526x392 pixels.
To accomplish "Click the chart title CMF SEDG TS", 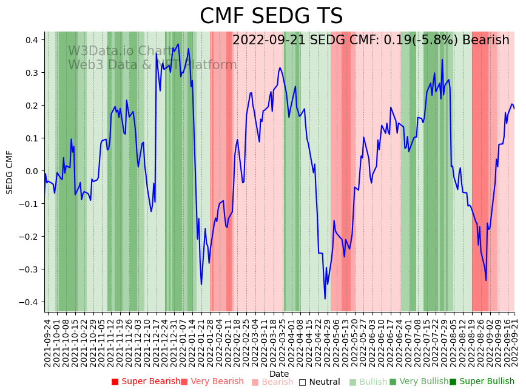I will [271, 16].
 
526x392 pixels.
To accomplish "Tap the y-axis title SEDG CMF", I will [10, 172].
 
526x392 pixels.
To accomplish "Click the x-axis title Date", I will [279, 374].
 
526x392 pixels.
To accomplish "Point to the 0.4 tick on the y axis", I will [31, 40].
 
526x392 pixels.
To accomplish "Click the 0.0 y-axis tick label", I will [31, 171].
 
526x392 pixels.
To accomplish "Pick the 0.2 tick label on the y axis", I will [31, 106].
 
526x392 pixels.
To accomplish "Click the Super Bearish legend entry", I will [146, 382].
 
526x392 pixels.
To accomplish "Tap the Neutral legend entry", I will [319, 382].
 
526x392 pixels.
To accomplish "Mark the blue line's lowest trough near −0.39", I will [325, 298].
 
